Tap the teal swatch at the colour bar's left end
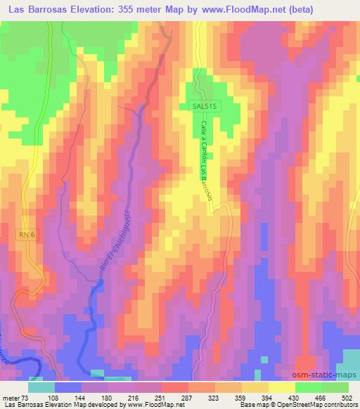click(41, 387)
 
